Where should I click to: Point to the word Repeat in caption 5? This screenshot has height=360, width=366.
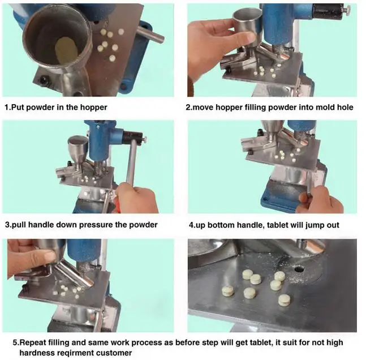(x=32, y=342)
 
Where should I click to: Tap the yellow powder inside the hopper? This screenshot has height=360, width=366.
(x=66, y=50)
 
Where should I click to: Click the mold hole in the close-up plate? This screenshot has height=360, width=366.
(x=299, y=269)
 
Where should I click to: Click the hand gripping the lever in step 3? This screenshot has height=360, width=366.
(x=136, y=198)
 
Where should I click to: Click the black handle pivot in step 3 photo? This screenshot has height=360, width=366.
(x=132, y=138)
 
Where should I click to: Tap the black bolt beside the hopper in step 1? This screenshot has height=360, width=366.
(x=44, y=80)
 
